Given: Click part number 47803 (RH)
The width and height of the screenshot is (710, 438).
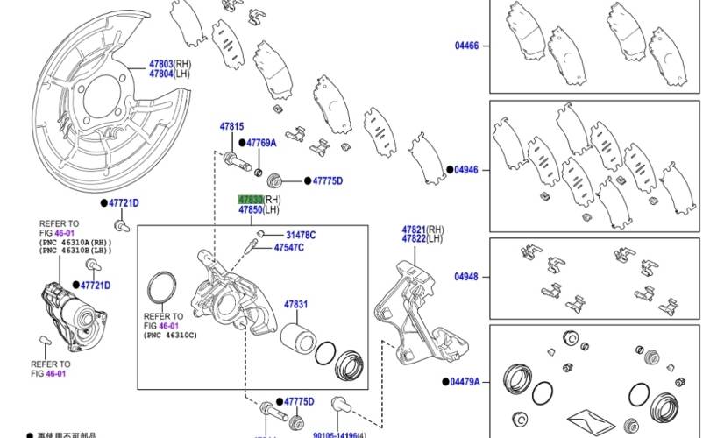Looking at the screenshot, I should click(160, 64).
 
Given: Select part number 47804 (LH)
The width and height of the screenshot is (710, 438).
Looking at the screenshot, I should click(160, 74).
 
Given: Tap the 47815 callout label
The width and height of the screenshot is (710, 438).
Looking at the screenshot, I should click(231, 127).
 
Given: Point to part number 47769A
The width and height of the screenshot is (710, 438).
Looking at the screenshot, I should click(260, 143).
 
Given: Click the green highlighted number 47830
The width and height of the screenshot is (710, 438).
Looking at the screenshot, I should click(251, 200).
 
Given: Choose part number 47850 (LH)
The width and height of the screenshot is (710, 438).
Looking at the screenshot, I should click(251, 211).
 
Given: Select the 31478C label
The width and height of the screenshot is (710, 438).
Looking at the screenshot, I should click(301, 235).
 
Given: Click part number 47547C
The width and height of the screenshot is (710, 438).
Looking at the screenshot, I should click(288, 248).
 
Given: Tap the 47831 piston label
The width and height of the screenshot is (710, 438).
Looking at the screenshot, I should click(295, 305).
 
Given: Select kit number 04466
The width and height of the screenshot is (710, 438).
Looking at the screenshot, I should click(466, 45).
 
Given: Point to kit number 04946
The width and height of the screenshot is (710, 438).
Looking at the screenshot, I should click(466, 169).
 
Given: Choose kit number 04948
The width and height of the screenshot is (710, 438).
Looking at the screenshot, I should click(466, 278).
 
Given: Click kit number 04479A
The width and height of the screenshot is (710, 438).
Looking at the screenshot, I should click(466, 382).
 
